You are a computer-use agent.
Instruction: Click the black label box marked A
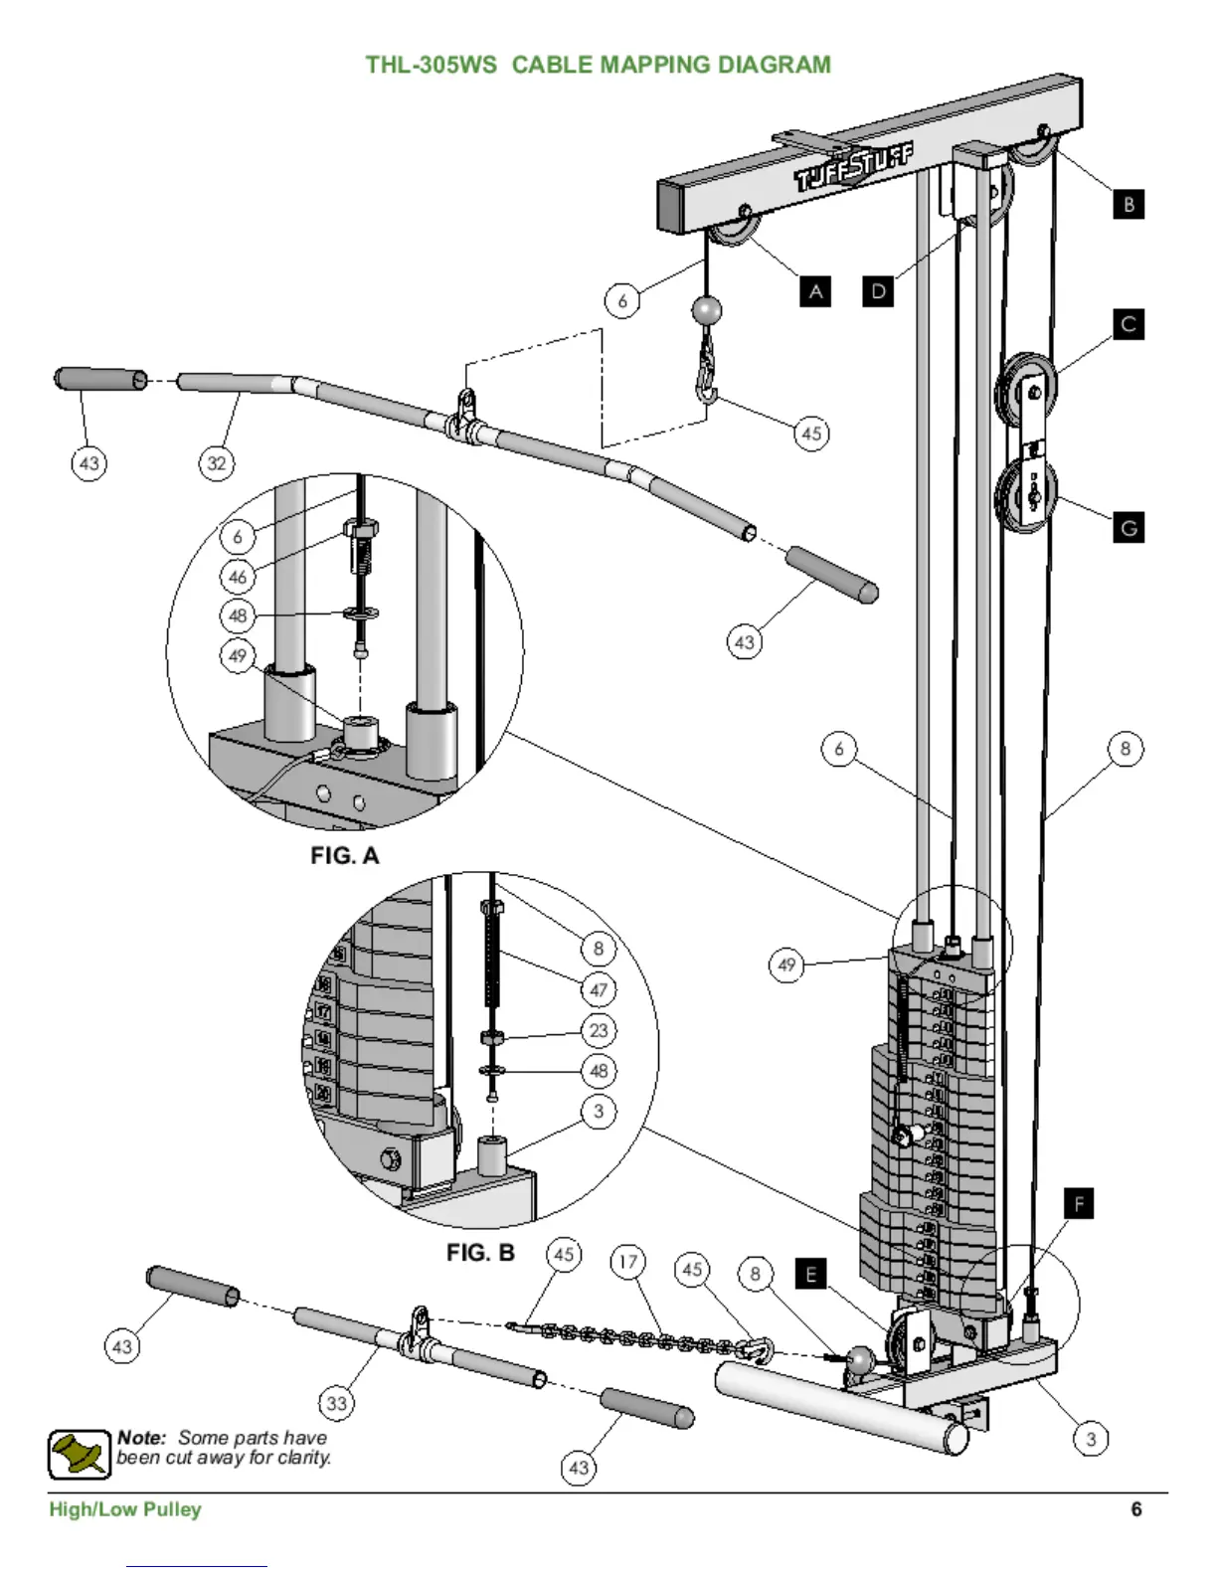pos(815,291)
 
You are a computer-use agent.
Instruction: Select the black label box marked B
pos(1129,205)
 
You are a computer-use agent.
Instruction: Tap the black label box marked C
pos(1129,324)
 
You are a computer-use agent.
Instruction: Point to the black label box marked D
pos(878,291)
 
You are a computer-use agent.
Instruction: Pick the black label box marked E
pos(811,1274)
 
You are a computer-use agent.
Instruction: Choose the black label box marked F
pos(1079,1204)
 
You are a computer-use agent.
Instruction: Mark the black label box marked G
pos(1129,527)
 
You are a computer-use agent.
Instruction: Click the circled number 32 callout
pos(217,462)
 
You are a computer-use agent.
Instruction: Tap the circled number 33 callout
pos(337,1403)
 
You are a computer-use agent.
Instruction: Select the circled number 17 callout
pos(627,1262)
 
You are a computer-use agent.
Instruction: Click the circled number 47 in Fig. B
pos(599,989)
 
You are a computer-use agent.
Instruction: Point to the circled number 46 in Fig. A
pos(238,576)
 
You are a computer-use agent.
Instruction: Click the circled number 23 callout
pos(599,1030)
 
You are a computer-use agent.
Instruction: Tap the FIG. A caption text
pos(344,856)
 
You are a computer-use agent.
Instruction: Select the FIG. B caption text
pos(480,1253)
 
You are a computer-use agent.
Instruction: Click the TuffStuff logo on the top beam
pos(853,168)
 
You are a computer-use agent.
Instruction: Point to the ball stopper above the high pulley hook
pos(707,310)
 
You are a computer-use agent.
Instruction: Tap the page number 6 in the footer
pos(1136,1509)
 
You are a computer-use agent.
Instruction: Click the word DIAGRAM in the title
pos(774,66)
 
